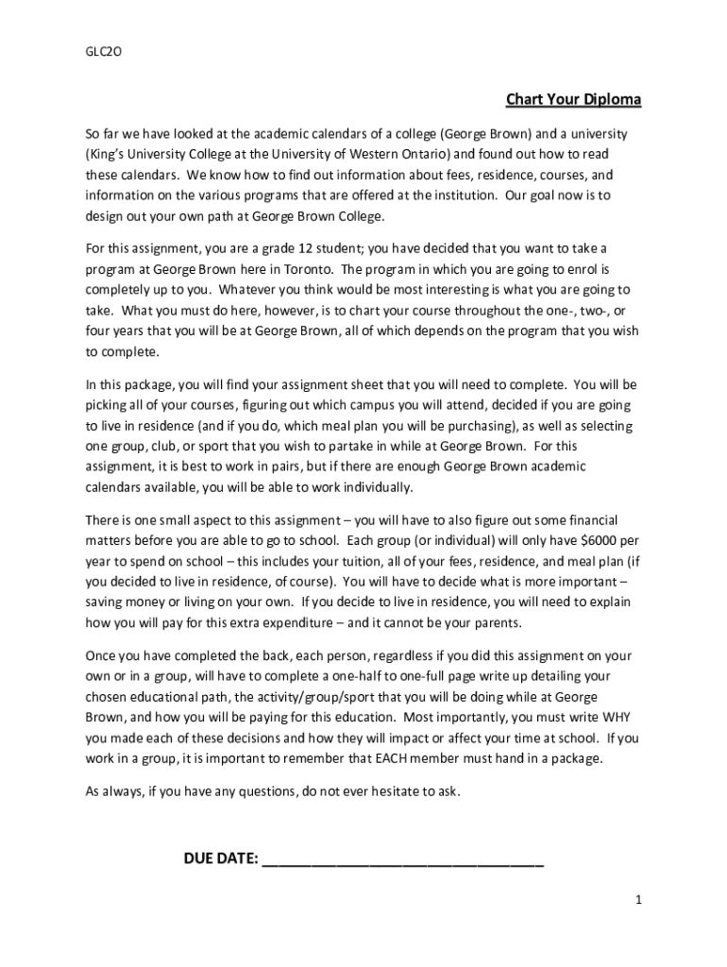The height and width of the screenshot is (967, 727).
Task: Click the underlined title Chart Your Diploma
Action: (573, 100)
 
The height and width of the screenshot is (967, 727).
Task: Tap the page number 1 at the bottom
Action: (638, 900)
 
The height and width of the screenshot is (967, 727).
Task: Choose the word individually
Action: (377, 487)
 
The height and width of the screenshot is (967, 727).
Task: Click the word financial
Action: (583, 519)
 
